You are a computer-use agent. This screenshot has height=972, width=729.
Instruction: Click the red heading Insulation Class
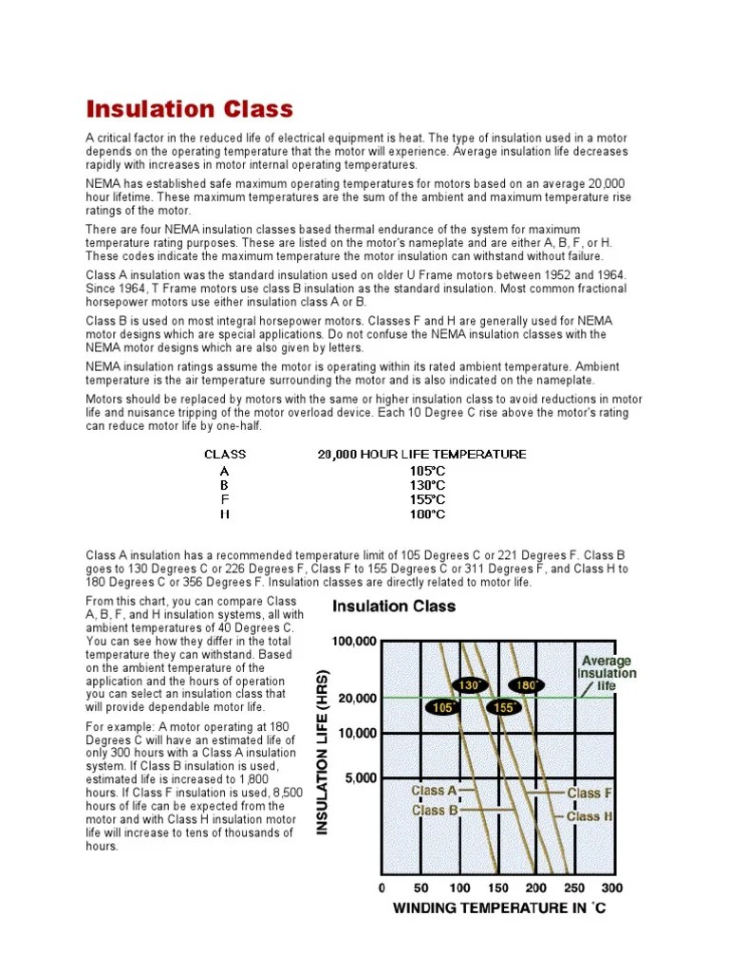coord(190,109)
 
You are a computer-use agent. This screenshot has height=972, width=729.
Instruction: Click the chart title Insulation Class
coord(393,606)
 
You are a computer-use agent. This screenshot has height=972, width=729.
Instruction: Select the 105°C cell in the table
coord(427,470)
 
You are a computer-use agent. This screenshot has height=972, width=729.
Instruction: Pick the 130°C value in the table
coord(427,484)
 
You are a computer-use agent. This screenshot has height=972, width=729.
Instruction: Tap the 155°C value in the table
coord(427,499)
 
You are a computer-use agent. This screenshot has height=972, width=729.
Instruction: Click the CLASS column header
coord(225,454)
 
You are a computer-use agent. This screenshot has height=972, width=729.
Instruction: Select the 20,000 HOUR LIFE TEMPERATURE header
coord(421,454)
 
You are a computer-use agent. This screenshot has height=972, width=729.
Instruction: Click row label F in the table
coord(224,499)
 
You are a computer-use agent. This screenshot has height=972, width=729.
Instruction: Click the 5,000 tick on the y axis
coord(360,777)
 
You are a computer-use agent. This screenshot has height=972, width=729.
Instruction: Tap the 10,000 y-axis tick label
coord(357,733)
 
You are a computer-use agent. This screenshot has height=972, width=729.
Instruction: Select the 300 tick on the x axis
coord(612,888)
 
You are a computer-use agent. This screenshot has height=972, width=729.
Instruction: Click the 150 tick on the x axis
coord(497,888)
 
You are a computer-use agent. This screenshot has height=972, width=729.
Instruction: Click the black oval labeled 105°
coord(442,707)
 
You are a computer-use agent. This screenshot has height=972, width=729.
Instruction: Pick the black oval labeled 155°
coord(503,707)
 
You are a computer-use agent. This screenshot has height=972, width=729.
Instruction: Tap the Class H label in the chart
coord(589,815)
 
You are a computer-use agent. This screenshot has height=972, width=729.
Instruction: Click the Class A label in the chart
coord(434,791)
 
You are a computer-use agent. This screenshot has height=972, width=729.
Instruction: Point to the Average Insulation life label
coord(607,673)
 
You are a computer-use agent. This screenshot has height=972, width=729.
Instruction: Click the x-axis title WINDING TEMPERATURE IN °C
coord(499,909)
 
